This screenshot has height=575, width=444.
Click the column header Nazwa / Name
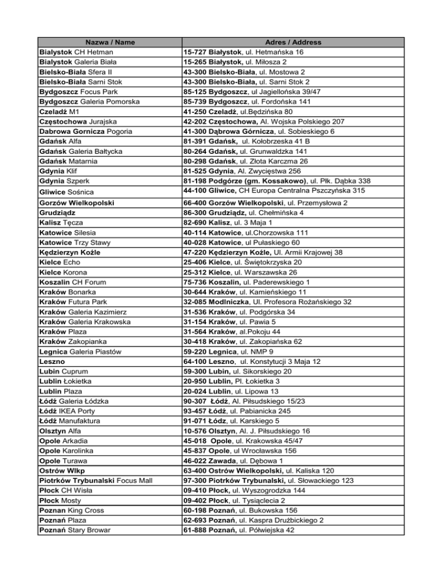106,42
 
